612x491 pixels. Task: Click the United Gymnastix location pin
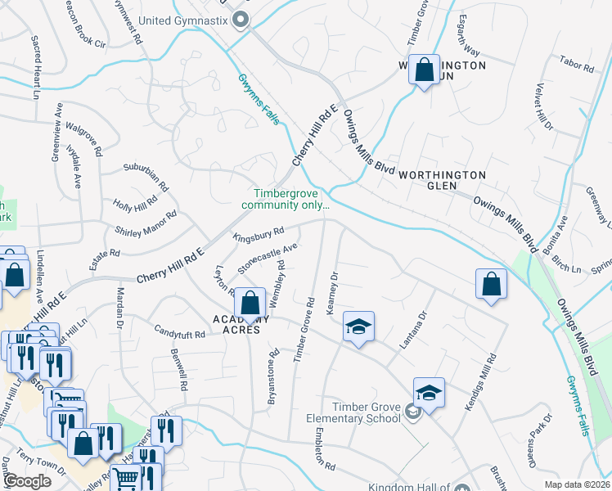(x=240, y=20)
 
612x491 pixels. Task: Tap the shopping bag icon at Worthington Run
(x=425, y=70)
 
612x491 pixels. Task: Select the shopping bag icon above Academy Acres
(x=251, y=304)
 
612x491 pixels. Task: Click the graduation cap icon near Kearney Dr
(x=358, y=327)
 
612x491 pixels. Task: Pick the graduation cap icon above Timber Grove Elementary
(x=429, y=393)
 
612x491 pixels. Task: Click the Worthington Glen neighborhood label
(x=442, y=175)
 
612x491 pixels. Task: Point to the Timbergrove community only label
(x=290, y=200)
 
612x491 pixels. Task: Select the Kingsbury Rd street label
(x=258, y=235)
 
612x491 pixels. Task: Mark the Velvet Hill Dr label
(x=544, y=107)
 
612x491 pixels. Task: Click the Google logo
(x=26, y=481)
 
